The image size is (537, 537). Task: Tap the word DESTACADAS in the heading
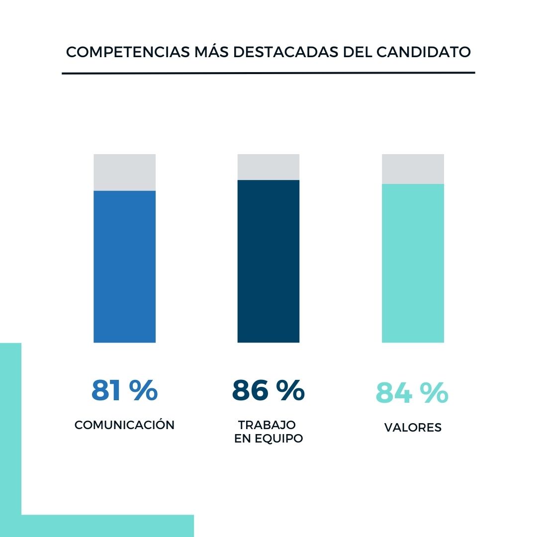point(285,52)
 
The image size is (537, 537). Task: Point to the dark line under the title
point(268,73)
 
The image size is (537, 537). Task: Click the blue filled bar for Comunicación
point(124,267)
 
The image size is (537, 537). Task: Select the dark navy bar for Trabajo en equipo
point(268,261)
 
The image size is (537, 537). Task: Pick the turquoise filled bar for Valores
point(413,264)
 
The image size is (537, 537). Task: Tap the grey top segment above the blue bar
point(124,172)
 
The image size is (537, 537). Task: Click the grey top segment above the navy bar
point(268,167)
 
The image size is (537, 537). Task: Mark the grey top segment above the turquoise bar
point(413,169)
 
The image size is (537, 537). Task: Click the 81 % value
point(124,391)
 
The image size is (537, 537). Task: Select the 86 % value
point(268,391)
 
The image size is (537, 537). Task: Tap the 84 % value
point(412,393)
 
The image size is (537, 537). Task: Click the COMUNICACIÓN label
point(124,425)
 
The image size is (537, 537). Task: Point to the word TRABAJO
point(267,425)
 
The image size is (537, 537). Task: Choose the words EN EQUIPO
point(268,440)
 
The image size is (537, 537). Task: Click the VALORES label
point(413,428)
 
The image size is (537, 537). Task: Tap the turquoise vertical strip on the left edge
point(10,428)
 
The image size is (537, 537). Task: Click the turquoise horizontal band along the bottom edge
point(107,526)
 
